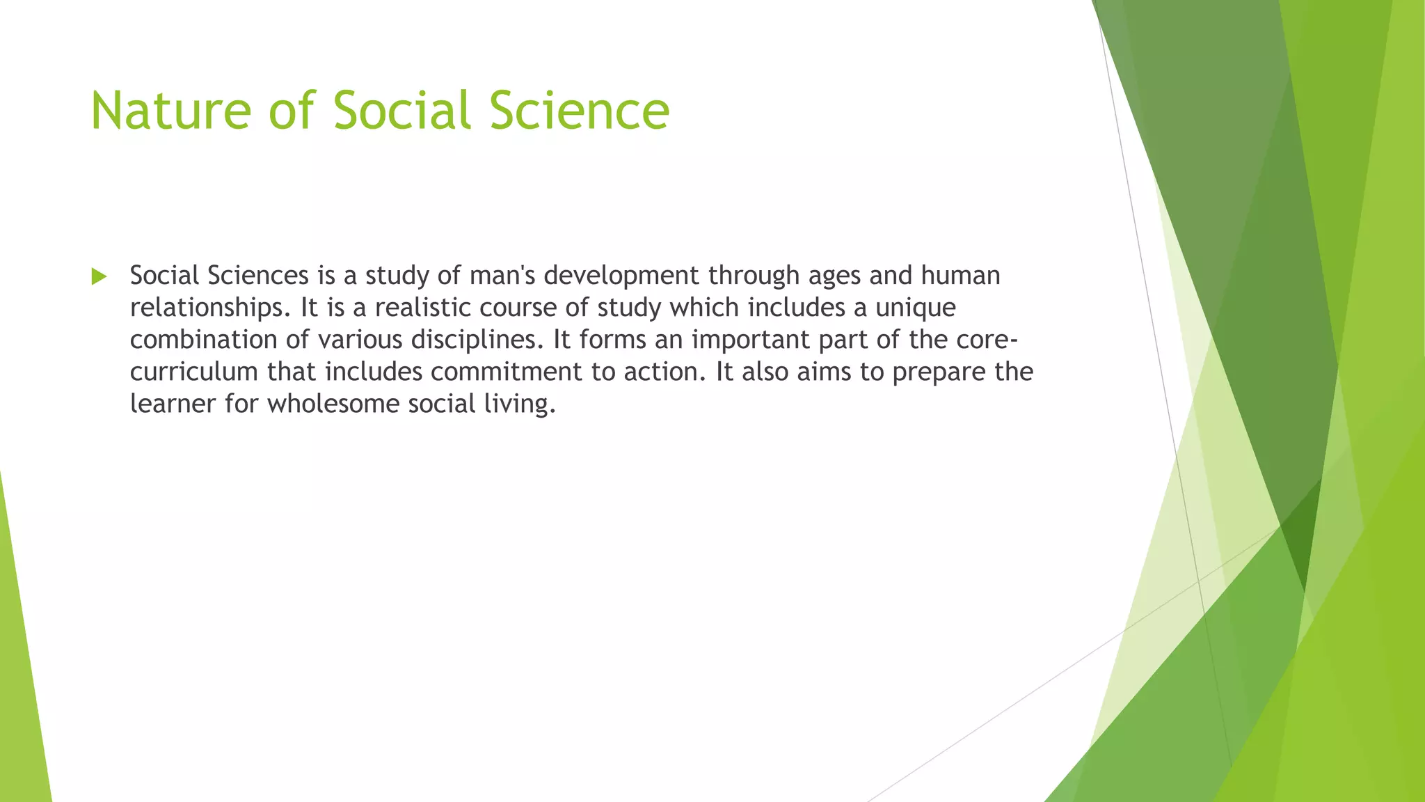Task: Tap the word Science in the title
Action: point(579,111)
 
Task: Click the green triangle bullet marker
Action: point(99,276)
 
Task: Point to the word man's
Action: point(502,276)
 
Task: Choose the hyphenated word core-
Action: point(987,340)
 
